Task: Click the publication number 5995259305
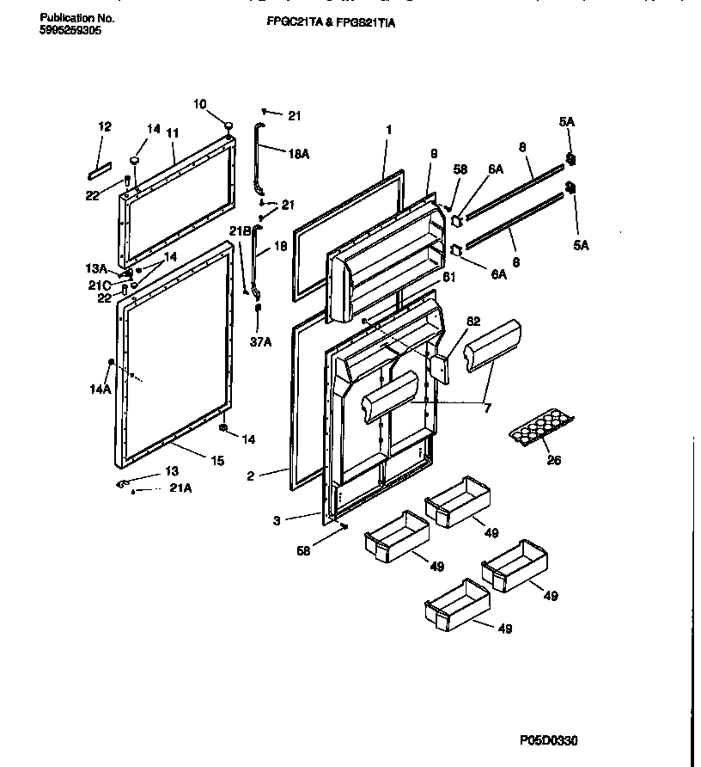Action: pyautogui.click(x=70, y=29)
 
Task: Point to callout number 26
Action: pyautogui.click(x=554, y=461)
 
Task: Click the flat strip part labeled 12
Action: pyautogui.click(x=99, y=165)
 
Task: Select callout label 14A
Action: pyautogui.click(x=100, y=389)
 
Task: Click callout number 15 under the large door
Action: pyautogui.click(x=217, y=461)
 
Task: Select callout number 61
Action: pyautogui.click(x=448, y=276)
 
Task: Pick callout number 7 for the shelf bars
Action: pyautogui.click(x=487, y=408)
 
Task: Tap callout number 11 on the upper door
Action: pyautogui.click(x=172, y=133)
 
